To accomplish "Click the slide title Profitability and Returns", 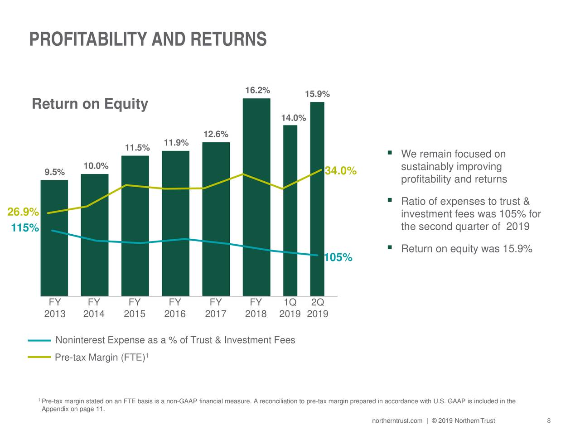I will tap(148, 39).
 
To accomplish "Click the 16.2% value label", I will tap(257, 90).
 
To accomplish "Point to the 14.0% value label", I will tap(293, 118).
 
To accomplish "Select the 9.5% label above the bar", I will tap(54, 172).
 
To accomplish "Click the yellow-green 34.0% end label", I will tap(341, 171).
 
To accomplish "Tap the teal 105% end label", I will tap(338, 258).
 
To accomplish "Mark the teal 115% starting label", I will tap(25, 228).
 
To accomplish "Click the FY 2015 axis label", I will tap(135, 308).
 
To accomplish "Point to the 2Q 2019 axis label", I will tap(318, 308).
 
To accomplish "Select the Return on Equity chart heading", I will tap(90, 104).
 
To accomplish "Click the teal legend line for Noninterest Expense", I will tap(39, 340).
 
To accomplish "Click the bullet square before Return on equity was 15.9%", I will tap(390, 247).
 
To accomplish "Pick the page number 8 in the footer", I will tap(549, 421).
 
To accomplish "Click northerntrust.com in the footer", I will tap(397, 421).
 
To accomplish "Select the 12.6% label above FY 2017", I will tap(216, 135).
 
